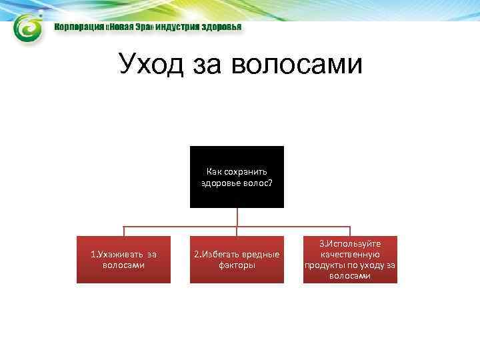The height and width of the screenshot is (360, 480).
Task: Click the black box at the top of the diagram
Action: click(237, 177)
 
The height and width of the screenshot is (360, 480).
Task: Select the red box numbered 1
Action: click(123, 259)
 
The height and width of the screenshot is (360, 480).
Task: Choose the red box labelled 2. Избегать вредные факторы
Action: click(237, 259)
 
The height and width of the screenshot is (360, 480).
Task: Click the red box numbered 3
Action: click(350, 259)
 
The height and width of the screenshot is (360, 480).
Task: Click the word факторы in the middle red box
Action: click(237, 265)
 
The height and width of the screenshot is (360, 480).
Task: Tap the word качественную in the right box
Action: click(350, 254)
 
